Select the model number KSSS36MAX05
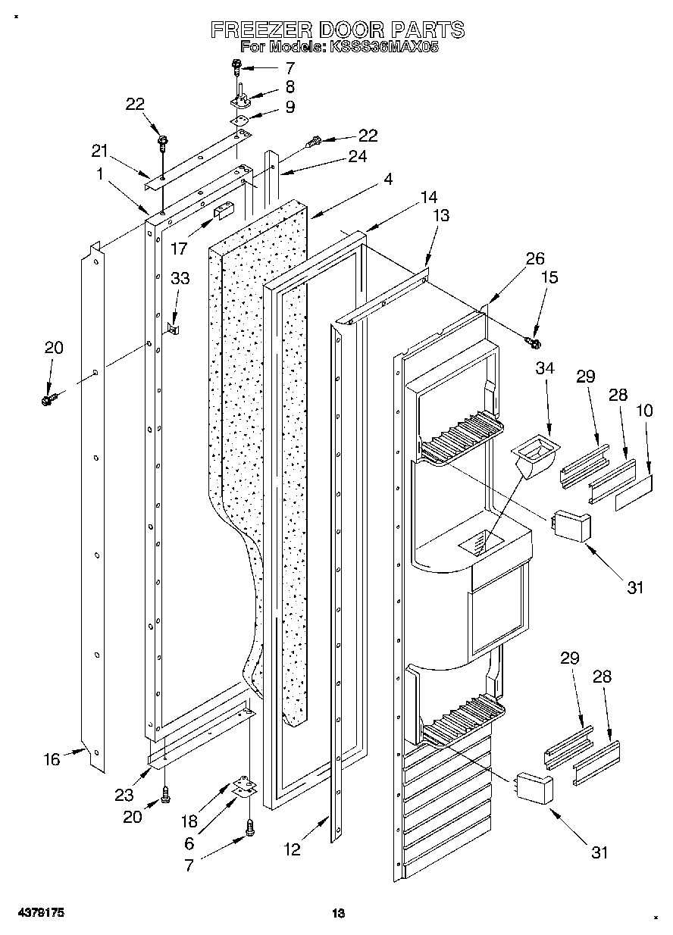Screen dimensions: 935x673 pos(383,46)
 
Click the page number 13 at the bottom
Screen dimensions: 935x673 pos(338,914)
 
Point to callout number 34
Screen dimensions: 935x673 pos(545,368)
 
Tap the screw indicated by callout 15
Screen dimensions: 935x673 pos(533,343)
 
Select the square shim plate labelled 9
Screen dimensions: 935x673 pos(240,118)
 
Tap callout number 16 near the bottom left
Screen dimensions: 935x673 pos(52,759)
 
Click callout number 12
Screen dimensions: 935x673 pos(293,850)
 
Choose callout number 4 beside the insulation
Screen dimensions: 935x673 pos(388,180)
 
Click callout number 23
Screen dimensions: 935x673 pos(124,795)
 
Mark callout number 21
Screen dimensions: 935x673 pos(100,151)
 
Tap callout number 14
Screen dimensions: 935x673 pos(429,197)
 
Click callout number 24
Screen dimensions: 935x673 pos(357,157)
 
